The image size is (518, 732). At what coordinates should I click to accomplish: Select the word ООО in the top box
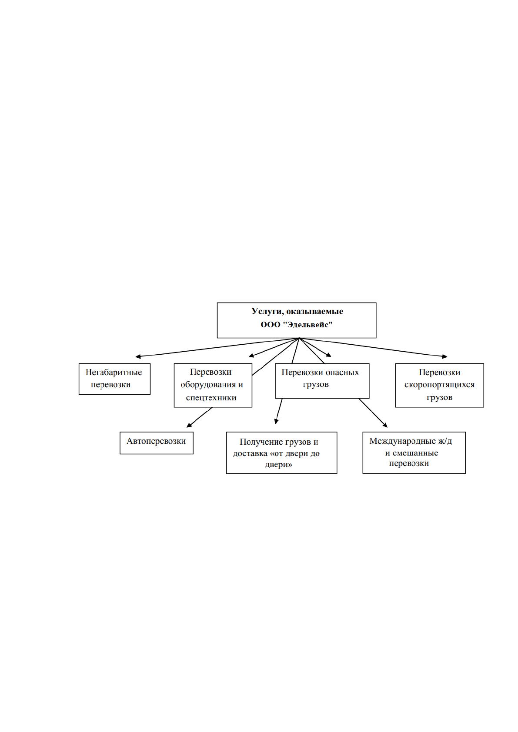(271, 325)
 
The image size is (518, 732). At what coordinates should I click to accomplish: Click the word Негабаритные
(114, 372)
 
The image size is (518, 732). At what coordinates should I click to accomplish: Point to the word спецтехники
(211, 398)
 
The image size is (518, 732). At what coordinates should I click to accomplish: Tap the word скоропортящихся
(439, 385)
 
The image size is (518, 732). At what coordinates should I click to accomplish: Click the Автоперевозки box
(156, 443)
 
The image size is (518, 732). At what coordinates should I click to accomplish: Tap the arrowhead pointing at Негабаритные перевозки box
(138, 356)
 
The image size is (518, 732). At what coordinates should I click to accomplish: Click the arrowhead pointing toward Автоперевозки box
(189, 425)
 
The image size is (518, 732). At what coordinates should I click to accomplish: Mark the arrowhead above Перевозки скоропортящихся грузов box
(444, 356)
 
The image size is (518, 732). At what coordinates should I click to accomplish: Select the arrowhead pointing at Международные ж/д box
(385, 425)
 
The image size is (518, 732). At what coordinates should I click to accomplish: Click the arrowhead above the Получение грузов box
(276, 421)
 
